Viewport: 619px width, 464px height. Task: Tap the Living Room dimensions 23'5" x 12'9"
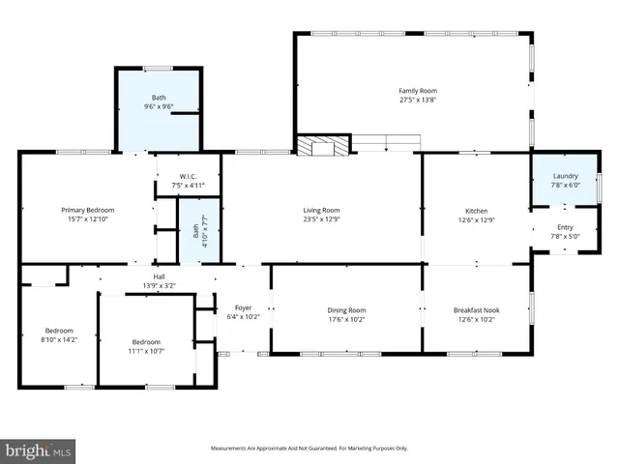click(322, 219)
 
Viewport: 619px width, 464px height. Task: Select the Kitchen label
click(477, 211)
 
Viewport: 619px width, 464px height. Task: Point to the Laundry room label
click(565, 176)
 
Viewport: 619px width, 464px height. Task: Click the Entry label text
click(565, 227)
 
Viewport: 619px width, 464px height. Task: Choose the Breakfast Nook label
click(476, 310)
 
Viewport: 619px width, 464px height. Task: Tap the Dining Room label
click(346, 310)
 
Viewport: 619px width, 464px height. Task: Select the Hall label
click(159, 276)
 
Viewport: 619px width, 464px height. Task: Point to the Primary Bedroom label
click(88, 210)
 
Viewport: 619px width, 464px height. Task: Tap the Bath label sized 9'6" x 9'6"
click(159, 98)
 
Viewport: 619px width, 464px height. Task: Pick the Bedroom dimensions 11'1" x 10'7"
click(146, 350)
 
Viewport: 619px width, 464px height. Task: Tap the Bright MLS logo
click(39, 449)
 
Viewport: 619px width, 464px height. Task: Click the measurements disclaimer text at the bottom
click(309, 449)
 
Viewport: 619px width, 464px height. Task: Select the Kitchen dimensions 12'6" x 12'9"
click(477, 219)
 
